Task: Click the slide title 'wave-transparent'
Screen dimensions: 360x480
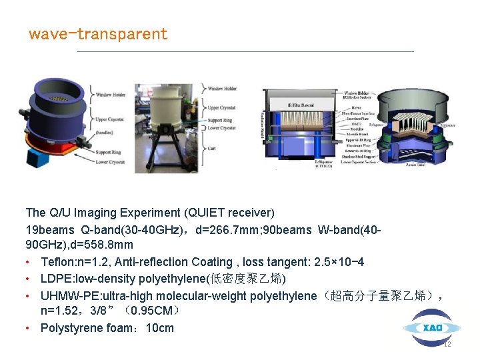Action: point(97,34)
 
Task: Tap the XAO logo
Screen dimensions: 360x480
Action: point(431,328)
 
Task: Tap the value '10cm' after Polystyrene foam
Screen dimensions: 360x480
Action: point(159,328)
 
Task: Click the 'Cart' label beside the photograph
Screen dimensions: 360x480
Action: point(212,149)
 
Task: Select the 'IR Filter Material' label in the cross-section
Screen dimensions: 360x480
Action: point(300,105)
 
